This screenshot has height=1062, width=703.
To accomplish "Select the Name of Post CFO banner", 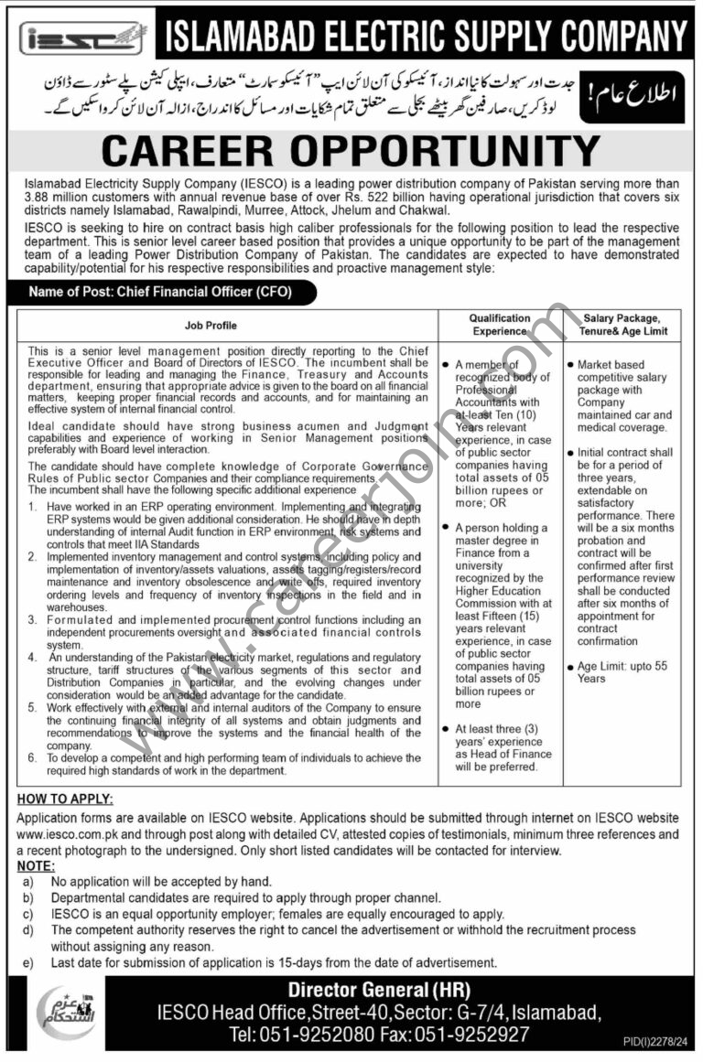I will coord(162,293).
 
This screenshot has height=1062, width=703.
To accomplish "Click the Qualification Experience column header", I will coord(500,325).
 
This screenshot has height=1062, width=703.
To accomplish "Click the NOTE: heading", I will coord(36,865).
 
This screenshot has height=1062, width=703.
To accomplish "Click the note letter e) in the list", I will coord(28,963).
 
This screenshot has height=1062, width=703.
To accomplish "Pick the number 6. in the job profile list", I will coord(32,758).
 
